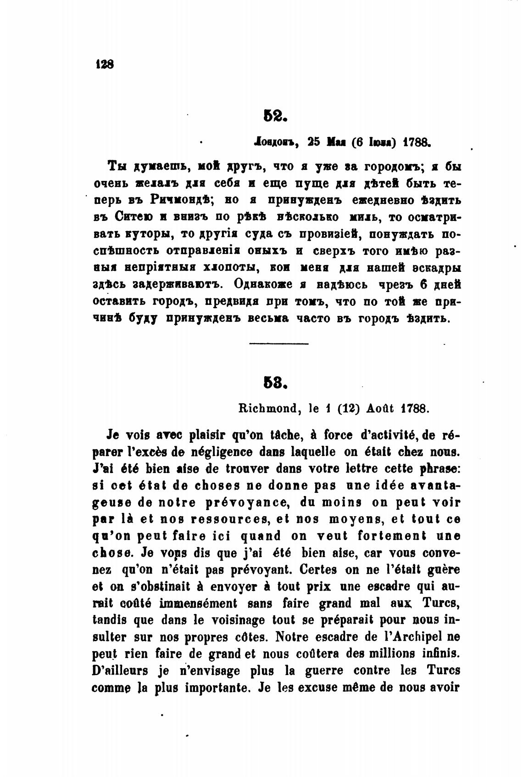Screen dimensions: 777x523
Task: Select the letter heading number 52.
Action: coord(275,115)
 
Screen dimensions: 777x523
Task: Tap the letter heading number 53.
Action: coord(275,383)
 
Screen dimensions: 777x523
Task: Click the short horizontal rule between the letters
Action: coord(278,343)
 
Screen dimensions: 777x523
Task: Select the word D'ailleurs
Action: coord(120,670)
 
